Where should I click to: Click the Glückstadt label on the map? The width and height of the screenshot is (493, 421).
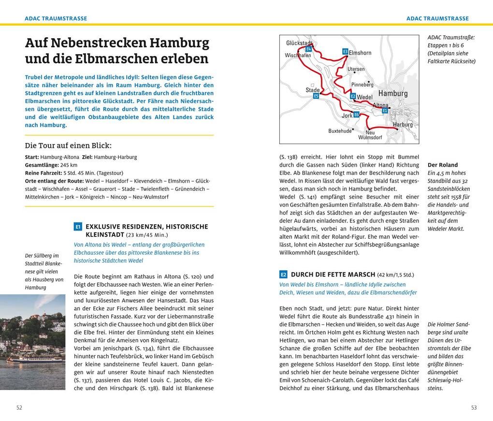[x=298, y=43]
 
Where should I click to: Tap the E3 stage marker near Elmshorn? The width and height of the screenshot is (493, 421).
[x=345, y=51]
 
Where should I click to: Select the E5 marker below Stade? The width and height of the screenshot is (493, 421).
[x=316, y=96]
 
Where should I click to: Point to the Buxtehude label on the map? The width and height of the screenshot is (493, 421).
[x=340, y=131]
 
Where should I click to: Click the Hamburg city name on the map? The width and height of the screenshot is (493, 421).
[x=393, y=93]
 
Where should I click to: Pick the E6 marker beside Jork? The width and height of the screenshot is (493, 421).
[x=356, y=115]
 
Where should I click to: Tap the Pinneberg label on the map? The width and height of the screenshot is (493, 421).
[x=362, y=85]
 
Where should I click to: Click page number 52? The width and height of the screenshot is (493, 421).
[x=19, y=407]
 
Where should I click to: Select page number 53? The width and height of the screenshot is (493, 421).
[x=474, y=407]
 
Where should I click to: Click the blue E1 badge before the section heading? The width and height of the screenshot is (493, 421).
[x=78, y=226]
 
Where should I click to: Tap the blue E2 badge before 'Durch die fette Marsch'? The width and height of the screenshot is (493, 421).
[x=283, y=275]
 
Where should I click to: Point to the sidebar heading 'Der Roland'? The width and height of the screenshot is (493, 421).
[x=442, y=165]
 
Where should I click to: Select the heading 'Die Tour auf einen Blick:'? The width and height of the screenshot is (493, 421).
[x=68, y=145]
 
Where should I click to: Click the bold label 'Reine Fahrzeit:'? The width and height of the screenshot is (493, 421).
[x=43, y=173]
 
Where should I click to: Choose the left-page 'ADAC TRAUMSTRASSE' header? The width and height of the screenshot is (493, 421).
[x=56, y=18]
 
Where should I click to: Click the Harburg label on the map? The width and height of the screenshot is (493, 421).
[x=403, y=125]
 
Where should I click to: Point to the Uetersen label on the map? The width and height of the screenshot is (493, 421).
[x=356, y=69]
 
